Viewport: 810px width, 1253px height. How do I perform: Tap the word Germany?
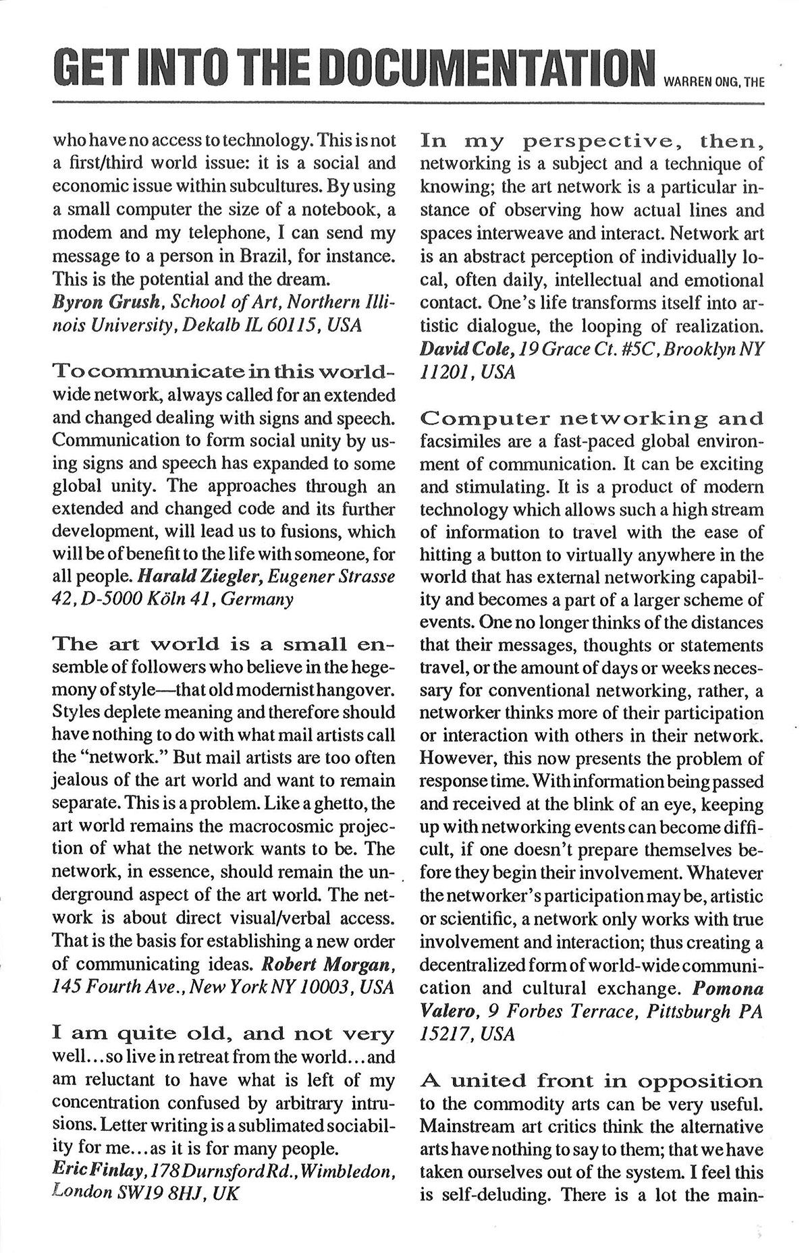(x=259, y=599)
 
